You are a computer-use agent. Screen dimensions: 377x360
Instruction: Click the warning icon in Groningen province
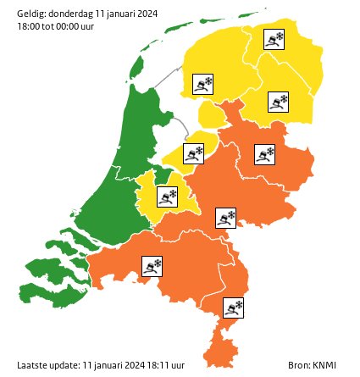click(x=274, y=40)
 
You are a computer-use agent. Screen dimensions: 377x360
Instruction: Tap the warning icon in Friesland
click(x=203, y=84)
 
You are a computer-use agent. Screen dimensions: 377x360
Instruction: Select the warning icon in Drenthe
click(x=279, y=103)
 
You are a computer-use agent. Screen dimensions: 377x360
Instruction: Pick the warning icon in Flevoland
click(x=194, y=153)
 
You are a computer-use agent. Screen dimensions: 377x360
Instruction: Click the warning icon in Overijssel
click(x=264, y=154)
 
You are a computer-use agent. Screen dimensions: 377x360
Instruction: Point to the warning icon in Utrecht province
click(x=168, y=197)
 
